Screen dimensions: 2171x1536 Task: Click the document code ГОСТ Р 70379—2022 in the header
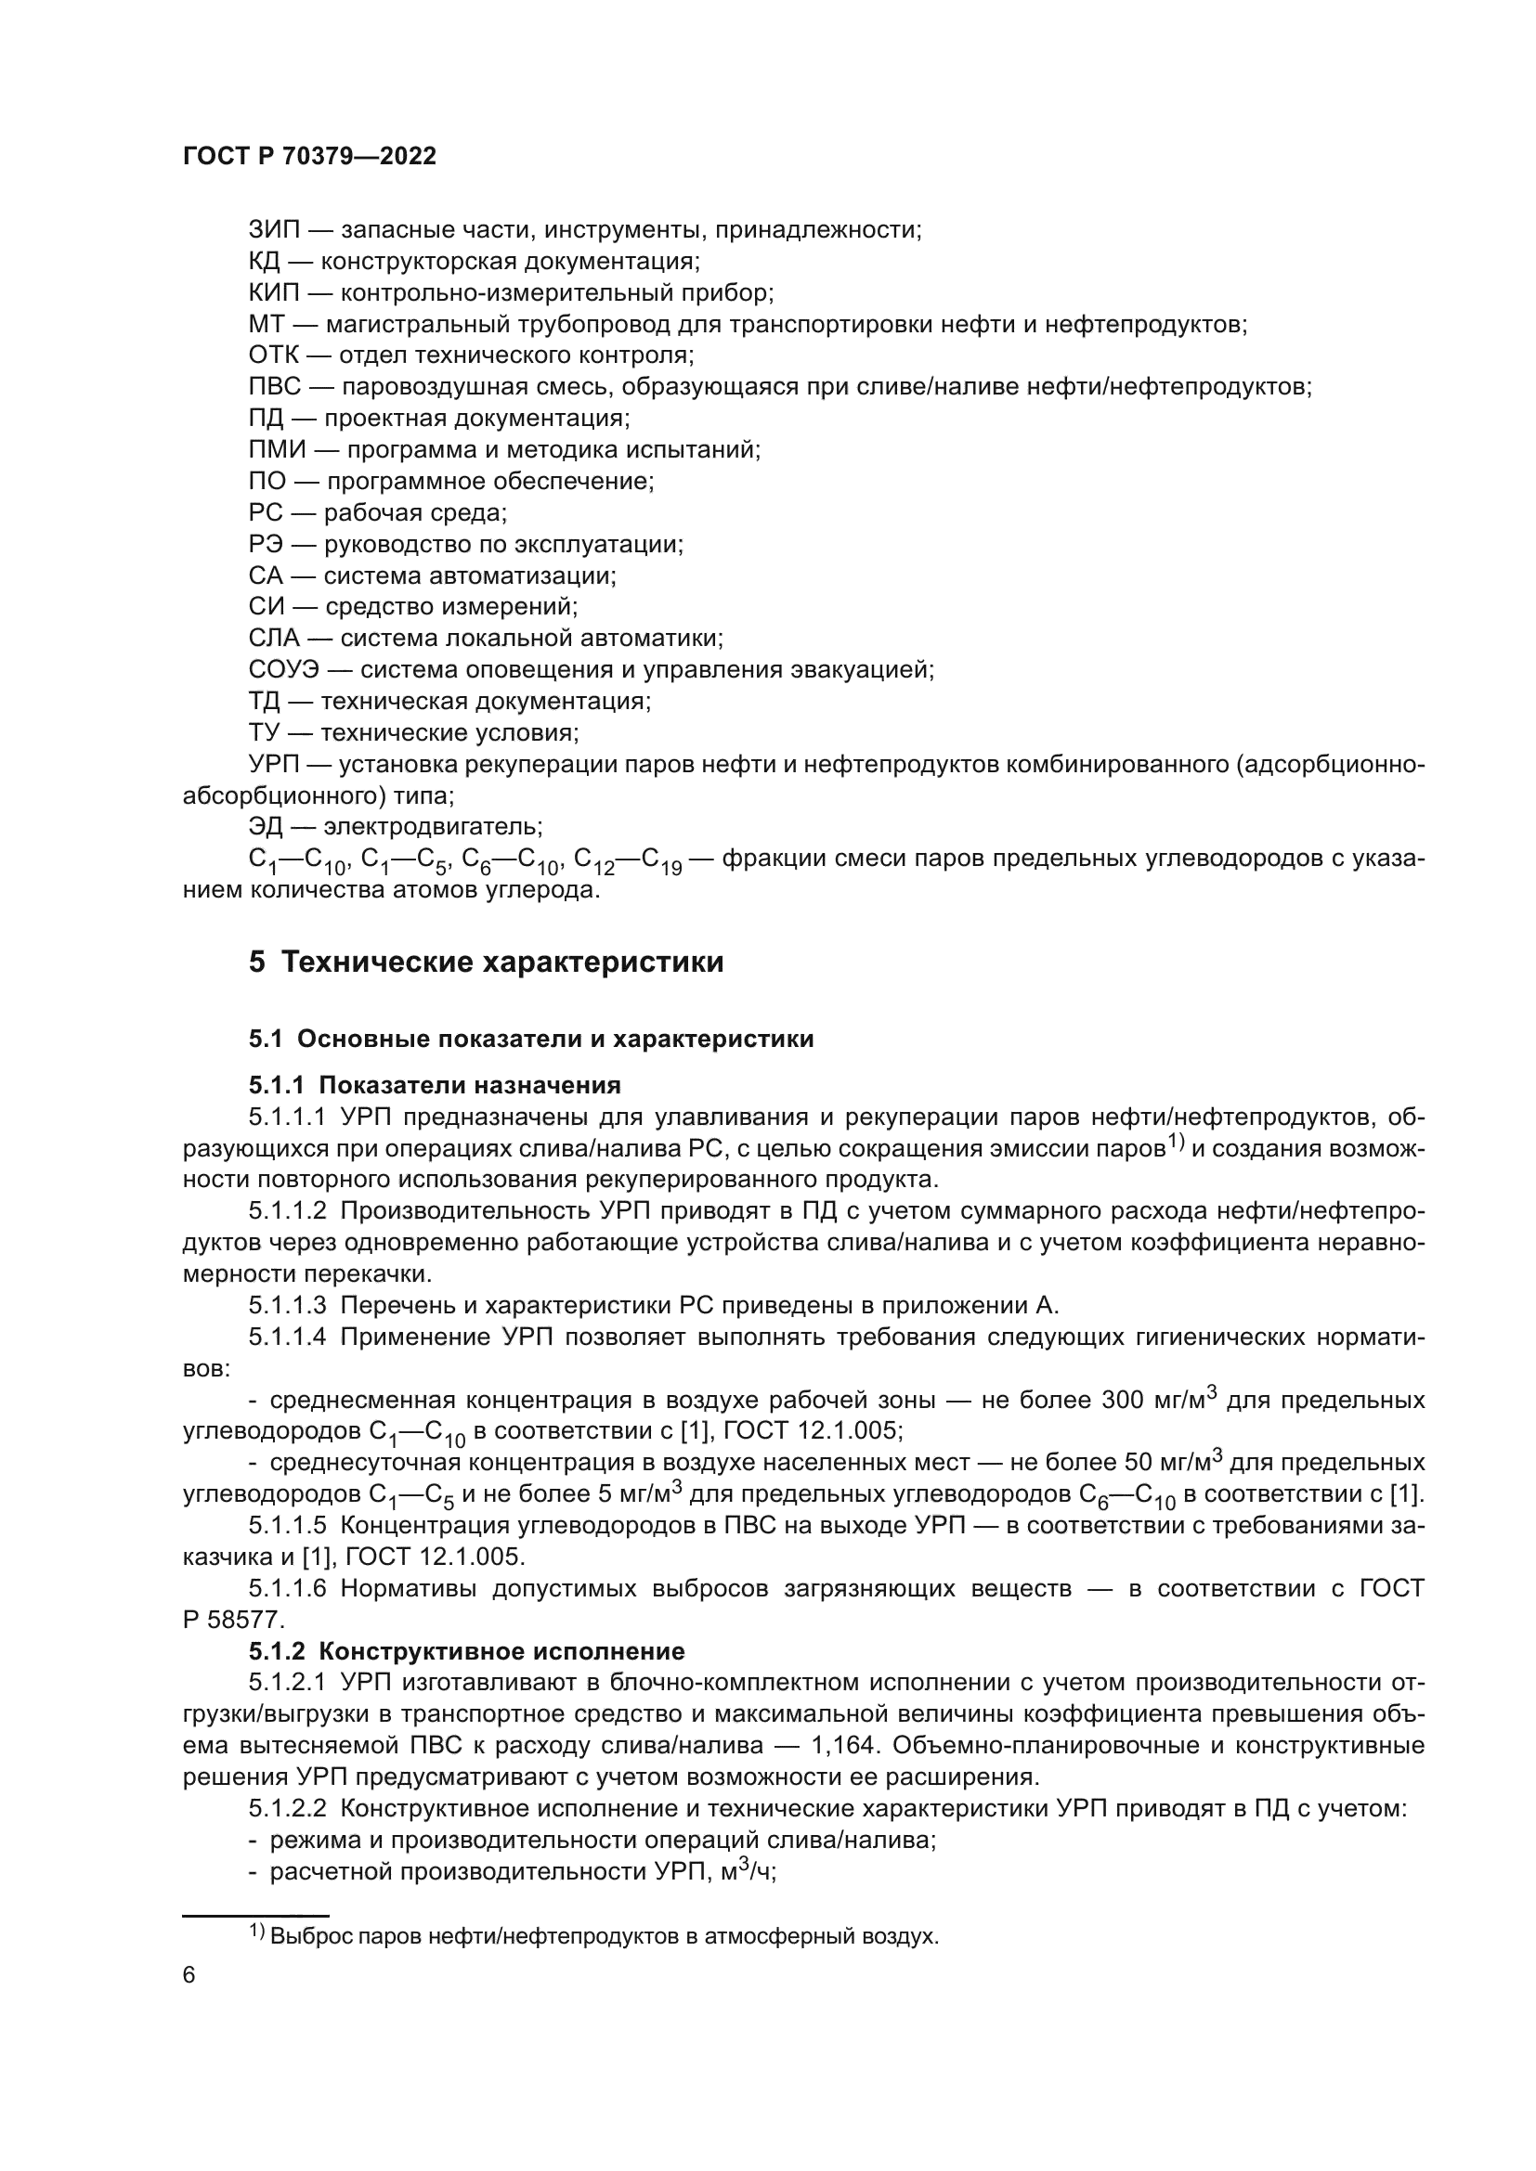pyautogui.click(x=309, y=157)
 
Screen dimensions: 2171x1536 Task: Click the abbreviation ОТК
pyautogui.click(x=273, y=355)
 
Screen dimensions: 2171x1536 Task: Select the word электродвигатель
pyautogui.click(x=433, y=827)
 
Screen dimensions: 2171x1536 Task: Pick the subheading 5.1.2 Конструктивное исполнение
pyautogui.click(x=466, y=1651)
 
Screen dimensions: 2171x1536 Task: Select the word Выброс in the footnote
pyautogui.click(x=302, y=1936)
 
